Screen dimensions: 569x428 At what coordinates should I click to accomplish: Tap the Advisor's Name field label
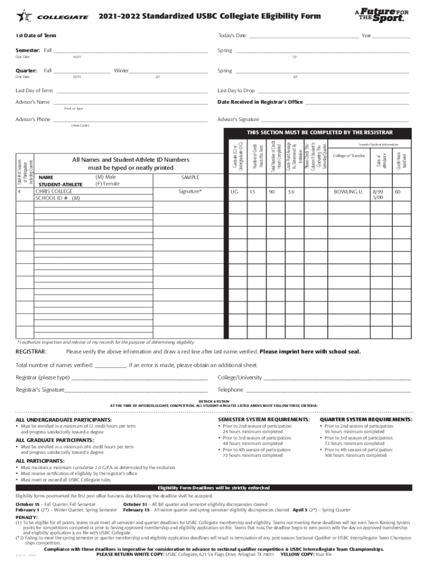(x=33, y=102)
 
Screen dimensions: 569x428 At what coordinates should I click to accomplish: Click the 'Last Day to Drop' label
(x=236, y=91)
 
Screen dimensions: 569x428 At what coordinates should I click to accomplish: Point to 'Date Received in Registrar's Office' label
(x=260, y=102)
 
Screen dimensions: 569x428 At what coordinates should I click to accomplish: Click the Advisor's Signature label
(x=238, y=119)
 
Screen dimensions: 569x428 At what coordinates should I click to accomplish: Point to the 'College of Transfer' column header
(x=349, y=156)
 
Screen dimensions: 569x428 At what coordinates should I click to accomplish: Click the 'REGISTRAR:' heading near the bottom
(x=31, y=352)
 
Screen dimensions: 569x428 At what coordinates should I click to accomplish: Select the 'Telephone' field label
(x=231, y=390)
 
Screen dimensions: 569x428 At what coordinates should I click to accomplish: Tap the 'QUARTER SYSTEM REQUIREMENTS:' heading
(x=366, y=420)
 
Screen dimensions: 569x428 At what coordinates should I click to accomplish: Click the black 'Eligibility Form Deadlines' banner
(x=213, y=487)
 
